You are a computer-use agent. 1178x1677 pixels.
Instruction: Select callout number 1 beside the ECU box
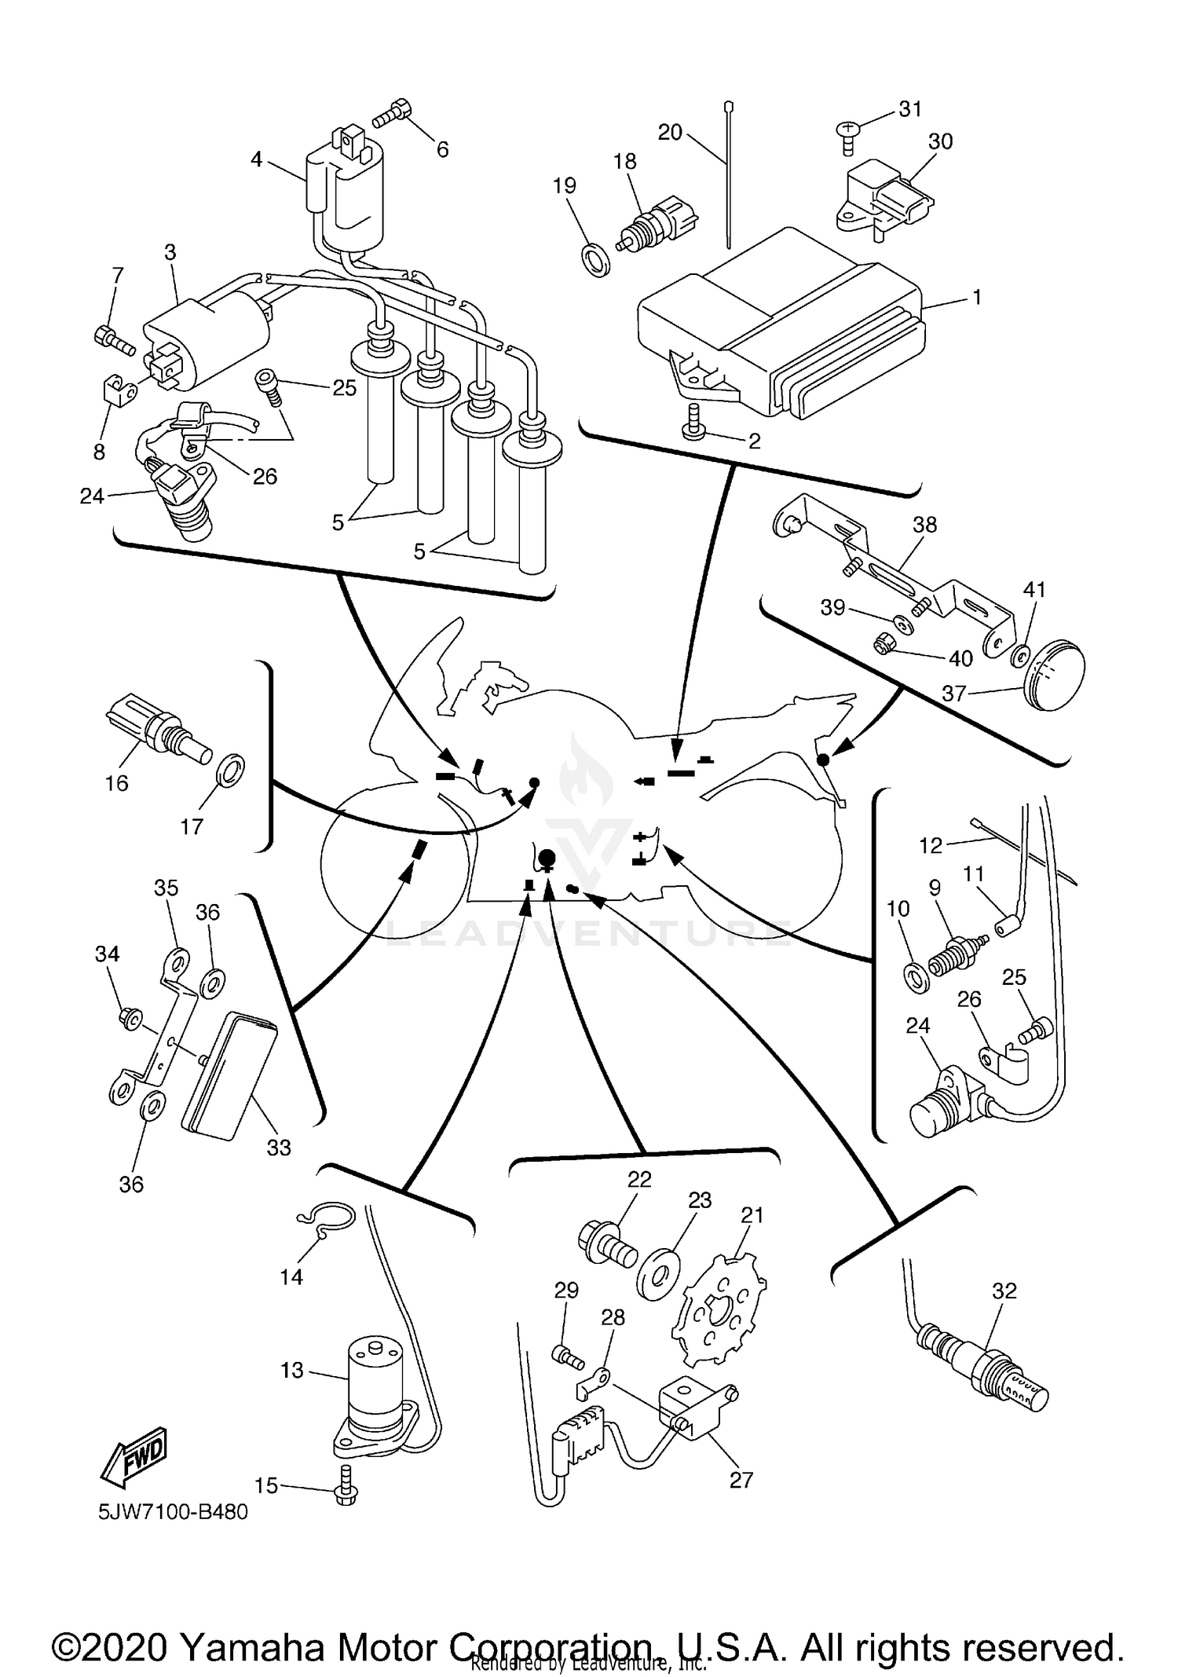pos(977,298)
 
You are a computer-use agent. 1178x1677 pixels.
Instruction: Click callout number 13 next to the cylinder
pos(291,1370)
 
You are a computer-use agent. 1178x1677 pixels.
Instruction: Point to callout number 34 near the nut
pos(108,954)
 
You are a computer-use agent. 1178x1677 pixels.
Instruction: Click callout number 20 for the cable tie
pos(670,132)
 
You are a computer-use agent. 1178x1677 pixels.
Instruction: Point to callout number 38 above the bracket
pos(924,524)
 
